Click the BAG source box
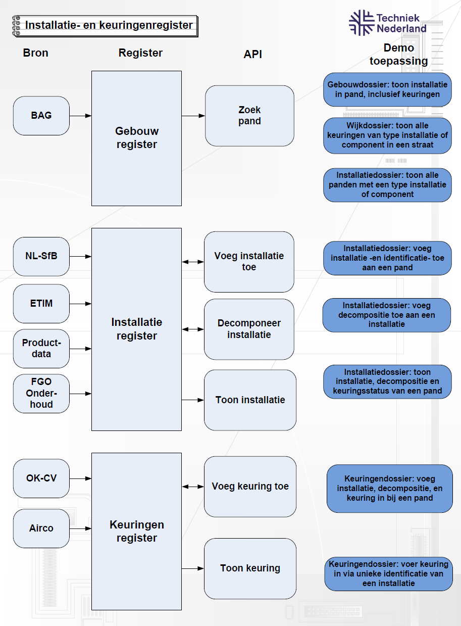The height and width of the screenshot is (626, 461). [x=41, y=116]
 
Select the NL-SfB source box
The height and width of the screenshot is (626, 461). [x=41, y=256]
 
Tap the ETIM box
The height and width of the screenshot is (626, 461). [x=41, y=304]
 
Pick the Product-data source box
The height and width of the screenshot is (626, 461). [x=41, y=349]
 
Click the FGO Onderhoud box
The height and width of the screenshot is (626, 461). [x=41, y=393]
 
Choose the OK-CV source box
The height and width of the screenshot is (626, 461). [x=41, y=478]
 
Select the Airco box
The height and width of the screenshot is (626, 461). [x=41, y=528]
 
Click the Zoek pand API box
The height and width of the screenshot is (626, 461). [x=249, y=116]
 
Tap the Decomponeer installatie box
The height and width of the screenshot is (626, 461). [x=249, y=329]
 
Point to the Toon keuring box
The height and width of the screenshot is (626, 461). [x=250, y=568]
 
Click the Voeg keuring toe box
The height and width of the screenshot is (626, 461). [x=250, y=487]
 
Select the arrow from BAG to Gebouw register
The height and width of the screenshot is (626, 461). [x=80, y=116]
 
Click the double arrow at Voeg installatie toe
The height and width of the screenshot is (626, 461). [x=192, y=262]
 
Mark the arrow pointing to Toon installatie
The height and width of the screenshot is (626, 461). [x=192, y=400]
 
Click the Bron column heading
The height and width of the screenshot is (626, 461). [x=36, y=53]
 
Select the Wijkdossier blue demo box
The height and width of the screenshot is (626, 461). [x=387, y=135]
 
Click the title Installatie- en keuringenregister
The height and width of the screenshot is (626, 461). [x=109, y=25]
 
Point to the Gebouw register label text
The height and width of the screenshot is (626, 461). [x=136, y=138]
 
